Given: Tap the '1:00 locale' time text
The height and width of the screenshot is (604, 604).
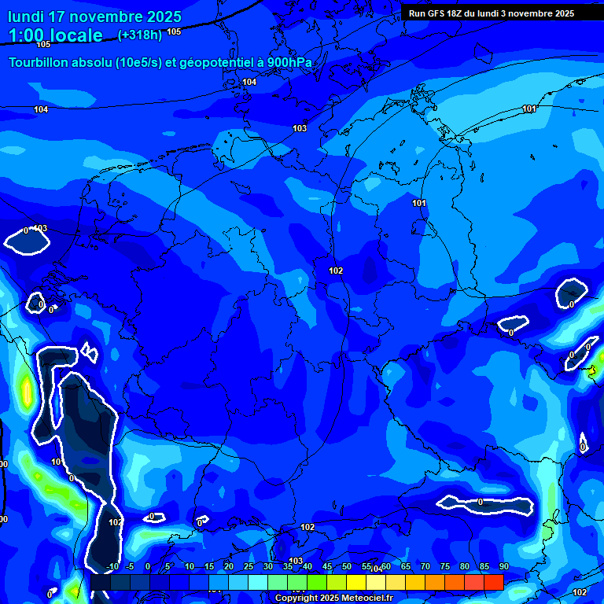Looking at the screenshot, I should tap(56, 35).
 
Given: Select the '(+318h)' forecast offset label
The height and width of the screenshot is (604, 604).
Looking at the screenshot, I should tap(140, 35).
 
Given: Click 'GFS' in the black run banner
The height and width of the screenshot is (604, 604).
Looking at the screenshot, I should tap(439, 13).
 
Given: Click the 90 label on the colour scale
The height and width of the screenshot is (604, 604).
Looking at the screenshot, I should tap(503, 567).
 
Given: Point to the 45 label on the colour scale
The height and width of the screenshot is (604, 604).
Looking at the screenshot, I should tap(327, 567).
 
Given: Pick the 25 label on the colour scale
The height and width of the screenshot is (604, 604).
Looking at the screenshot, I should tap(249, 567).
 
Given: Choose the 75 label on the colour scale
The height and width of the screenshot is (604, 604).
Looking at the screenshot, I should tap(444, 567).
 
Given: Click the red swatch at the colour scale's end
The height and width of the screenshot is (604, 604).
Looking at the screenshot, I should tap(494, 582).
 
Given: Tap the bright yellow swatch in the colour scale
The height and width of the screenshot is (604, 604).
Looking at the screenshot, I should tap(356, 582).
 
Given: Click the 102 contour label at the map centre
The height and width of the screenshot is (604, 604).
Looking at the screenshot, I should tap(336, 271).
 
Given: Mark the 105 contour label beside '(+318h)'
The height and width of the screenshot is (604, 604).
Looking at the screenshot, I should tap(174, 32).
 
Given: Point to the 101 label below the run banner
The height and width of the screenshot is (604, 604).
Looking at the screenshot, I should tap(529, 109).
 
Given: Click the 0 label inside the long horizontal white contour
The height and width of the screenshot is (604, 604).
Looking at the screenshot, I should tap(480, 502).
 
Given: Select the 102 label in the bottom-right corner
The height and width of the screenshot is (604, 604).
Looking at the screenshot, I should tap(580, 592).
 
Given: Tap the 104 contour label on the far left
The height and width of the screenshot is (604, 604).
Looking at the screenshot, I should tap(41, 109).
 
